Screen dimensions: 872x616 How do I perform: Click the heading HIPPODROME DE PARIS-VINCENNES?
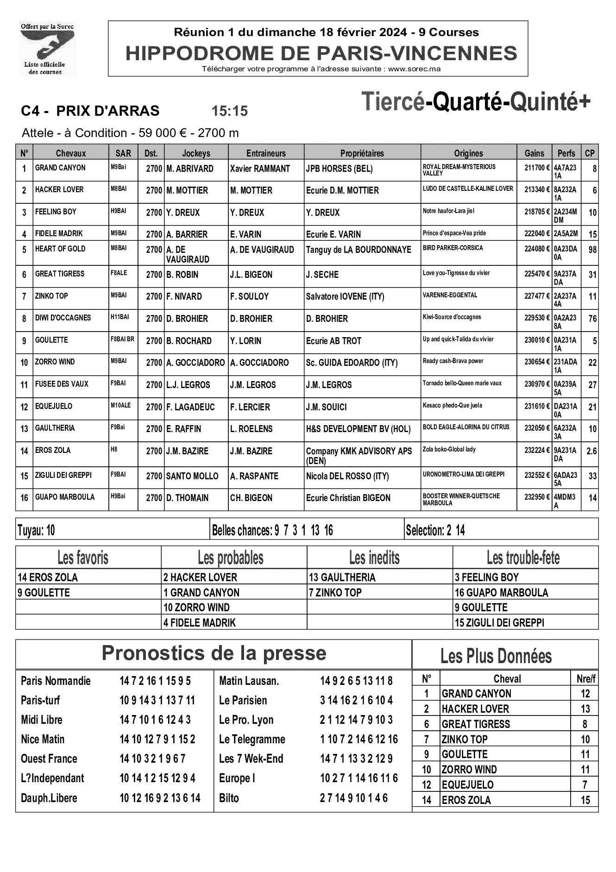point(321,54)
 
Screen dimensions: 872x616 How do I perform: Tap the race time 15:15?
point(230,111)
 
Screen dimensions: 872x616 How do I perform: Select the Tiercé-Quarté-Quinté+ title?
point(476,101)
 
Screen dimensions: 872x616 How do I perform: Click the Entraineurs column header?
point(266,153)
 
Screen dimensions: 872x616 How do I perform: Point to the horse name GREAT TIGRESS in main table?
point(60,274)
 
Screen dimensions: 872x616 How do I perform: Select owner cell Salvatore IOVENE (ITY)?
point(345,296)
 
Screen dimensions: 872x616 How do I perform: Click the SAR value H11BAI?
point(120,317)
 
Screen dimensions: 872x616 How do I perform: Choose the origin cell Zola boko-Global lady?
point(449,449)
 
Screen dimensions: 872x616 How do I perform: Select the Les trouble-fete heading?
point(523,558)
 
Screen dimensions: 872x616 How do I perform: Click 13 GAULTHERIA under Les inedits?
point(342,577)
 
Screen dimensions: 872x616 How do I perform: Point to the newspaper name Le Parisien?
point(243,700)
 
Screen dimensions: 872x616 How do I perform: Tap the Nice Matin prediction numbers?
point(157,739)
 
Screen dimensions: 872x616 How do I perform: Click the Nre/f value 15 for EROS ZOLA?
point(585,800)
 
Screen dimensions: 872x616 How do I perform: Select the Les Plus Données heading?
point(496,656)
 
